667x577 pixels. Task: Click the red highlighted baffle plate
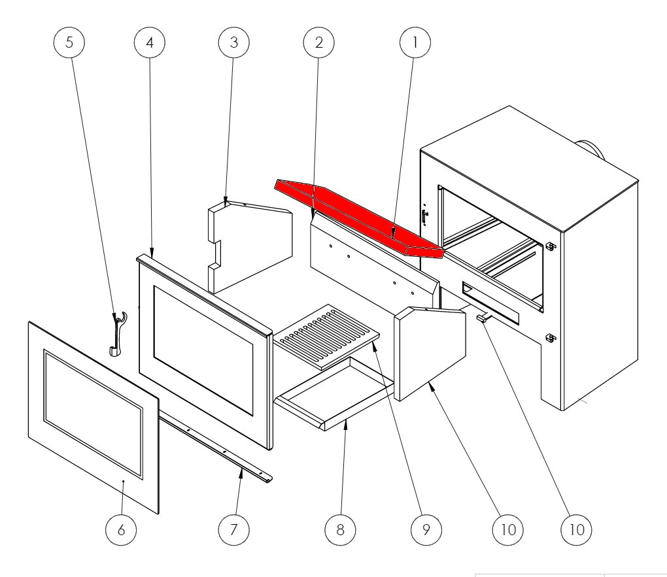tap(353, 212)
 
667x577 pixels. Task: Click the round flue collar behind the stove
tap(592, 150)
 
